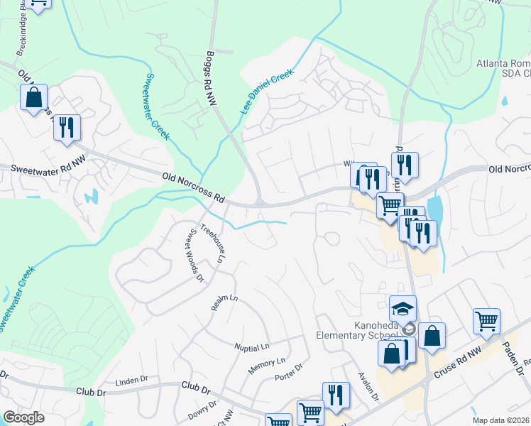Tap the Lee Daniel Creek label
[266, 92]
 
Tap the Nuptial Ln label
[253, 347]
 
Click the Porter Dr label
[289, 372]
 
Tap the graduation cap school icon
[403, 309]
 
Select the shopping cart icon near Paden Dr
[486, 321]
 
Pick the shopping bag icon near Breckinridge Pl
[33, 98]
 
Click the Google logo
[24, 417]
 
